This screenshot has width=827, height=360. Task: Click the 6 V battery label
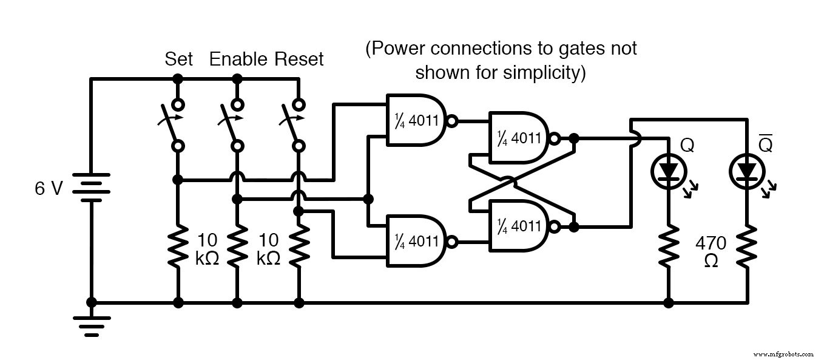tap(49, 189)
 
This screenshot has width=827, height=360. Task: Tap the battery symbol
tap(91, 188)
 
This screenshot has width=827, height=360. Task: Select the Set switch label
tap(179, 59)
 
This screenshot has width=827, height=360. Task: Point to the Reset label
tap(299, 59)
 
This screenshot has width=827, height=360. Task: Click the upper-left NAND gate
tap(417, 120)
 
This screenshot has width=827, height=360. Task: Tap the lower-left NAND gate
tap(417, 241)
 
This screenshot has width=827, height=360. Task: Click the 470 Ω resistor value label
tap(710, 251)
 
